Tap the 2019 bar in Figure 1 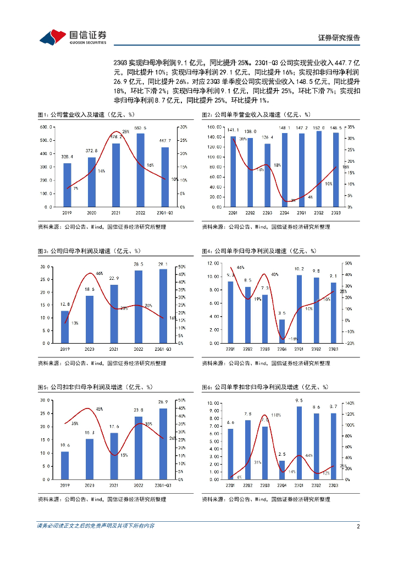(67, 185)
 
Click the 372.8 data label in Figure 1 (91, 151)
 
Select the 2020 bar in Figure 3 (90, 319)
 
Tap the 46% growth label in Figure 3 (99, 273)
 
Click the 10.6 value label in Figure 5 (65, 445)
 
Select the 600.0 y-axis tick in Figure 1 (46, 127)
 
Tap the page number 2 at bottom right (358, 526)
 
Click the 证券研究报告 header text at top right (339, 38)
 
